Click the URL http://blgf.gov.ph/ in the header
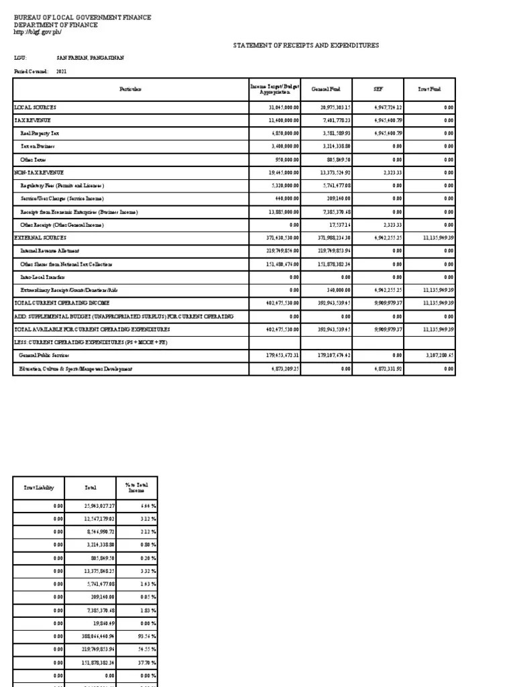click(38, 33)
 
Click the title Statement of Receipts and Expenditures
click(306, 45)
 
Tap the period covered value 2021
click(62, 70)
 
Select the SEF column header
click(378, 89)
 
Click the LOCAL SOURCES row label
click(36, 107)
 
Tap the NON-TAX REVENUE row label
click(38, 172)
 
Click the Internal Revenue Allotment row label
click(55, 251)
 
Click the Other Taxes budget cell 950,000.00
click(284, 160)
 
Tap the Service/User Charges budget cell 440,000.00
click(285, 199)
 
